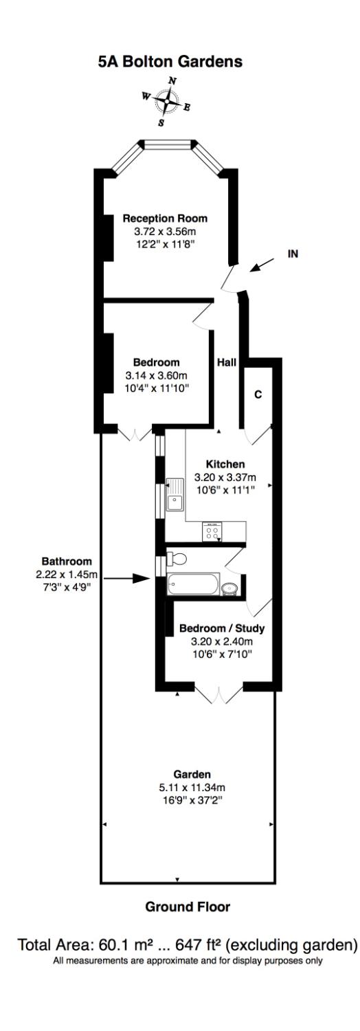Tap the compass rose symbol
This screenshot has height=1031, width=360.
click(166, 102)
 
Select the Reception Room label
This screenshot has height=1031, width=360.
click(165, 219)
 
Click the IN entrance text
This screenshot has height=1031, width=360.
click(292, 254)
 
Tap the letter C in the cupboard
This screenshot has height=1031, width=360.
click(258, 395)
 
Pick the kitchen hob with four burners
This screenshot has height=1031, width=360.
click(212, 531)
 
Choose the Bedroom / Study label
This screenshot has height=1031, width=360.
click(221, 628)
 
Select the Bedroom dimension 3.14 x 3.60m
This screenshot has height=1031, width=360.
click(157, 375)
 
